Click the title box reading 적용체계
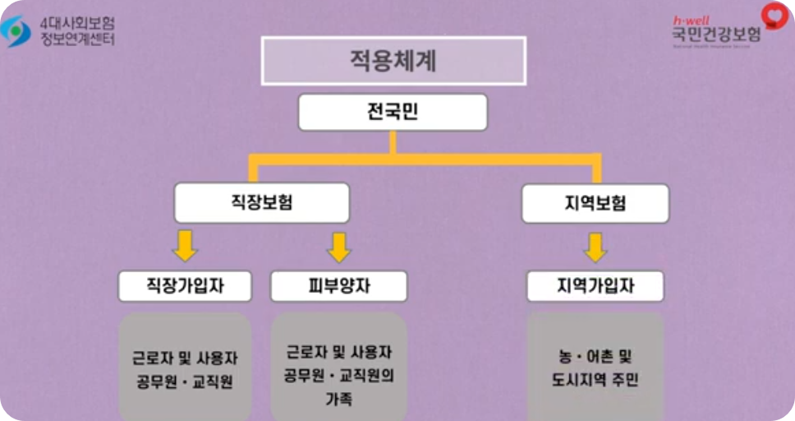pos(393,60)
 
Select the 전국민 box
pos(393,112)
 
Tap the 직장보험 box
pos(262,202)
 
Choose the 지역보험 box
pos(595,202)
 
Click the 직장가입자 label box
pos(184,286)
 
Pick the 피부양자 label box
pos(338,286)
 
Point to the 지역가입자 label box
pos(595,286)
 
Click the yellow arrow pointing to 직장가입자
pos(184,246)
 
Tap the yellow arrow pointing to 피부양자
pos(338,246)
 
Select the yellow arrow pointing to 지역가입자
pos(595,246)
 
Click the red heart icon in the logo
pos(774,15)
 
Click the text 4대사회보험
pos(77,22)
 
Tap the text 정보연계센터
pos(77,39)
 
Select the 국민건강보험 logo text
pos(715,35)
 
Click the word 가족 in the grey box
pos(338,400)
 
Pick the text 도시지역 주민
pos(595,381)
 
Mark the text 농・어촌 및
pos(595,358)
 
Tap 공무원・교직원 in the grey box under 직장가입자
pos(184,382)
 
